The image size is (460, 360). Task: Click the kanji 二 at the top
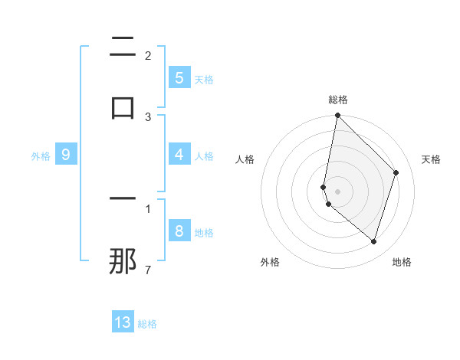click(x=123, y=47)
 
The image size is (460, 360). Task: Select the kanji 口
click(x=123, y=107)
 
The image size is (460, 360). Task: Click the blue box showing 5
click(x=179, y=77)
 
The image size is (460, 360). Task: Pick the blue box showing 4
click(x=179, y=154)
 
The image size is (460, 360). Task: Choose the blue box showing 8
click(x=179, y=231)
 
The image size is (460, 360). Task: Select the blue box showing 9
click(x=66, y=155)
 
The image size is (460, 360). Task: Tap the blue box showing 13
click(x=123, y=322)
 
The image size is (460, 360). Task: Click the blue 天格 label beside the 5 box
click(x=204, y=79)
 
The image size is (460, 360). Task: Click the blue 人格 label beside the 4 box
click(x=204, y=155)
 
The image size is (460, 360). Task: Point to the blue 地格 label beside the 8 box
click(x=204, y=232)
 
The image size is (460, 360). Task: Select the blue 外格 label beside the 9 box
click(x=41, y=155)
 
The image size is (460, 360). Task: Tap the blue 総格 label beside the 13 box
click(x=147, y=324)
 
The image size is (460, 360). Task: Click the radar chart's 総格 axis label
click(x=338, y=100)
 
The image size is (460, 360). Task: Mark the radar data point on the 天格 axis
click(x=396, y=172)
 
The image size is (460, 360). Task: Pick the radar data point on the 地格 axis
click(x=373, y=241)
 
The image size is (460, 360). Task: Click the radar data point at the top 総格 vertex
click(x=337, y=115)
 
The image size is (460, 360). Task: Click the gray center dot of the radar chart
click(x=337, y=191)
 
